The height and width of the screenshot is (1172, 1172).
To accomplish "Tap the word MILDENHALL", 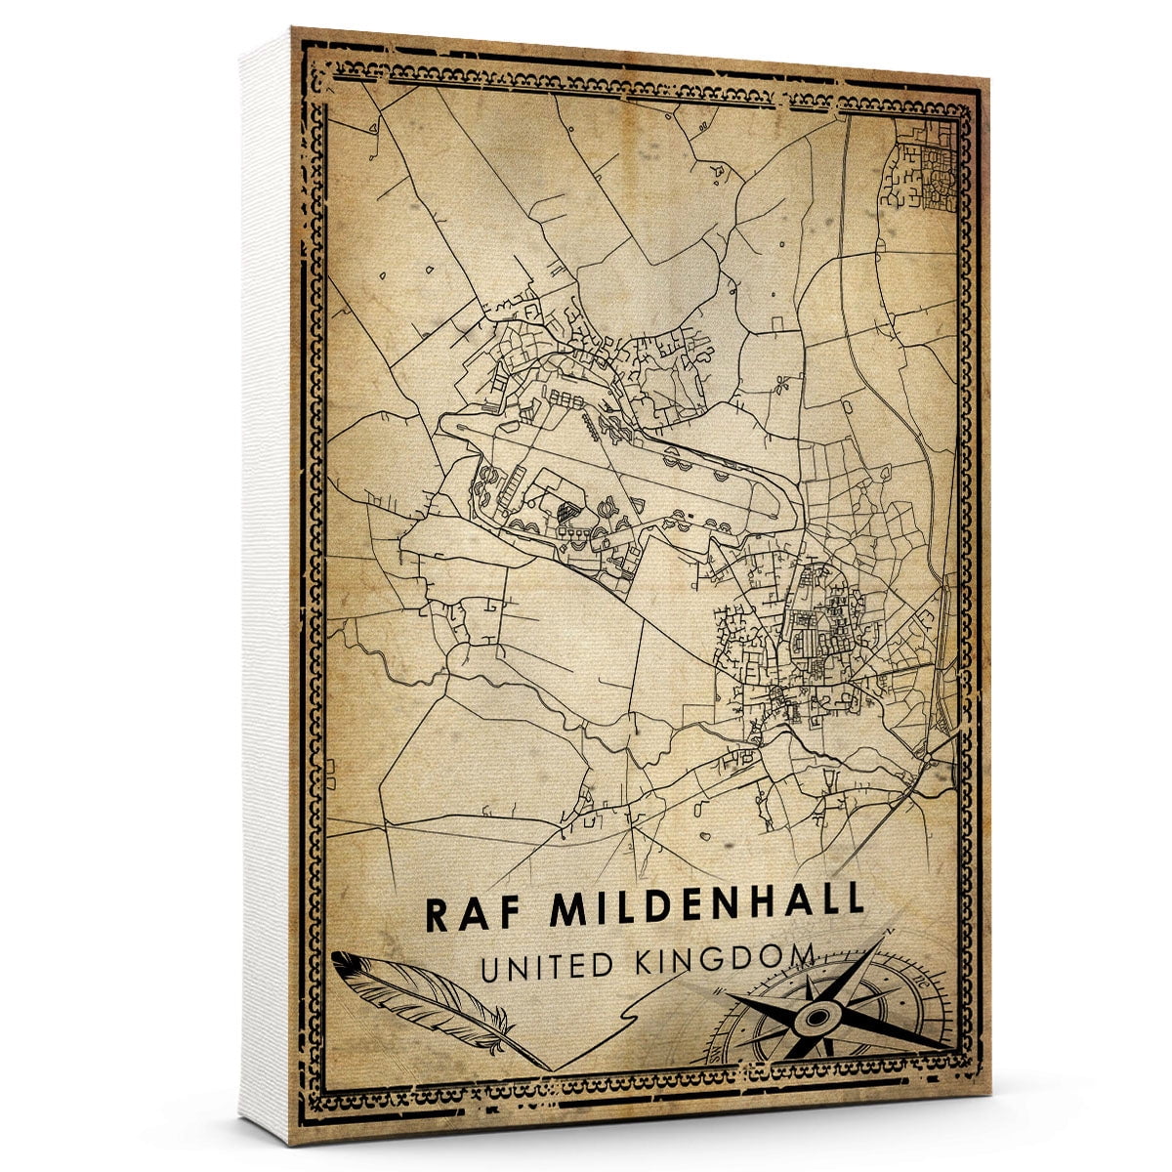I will coord(707,905).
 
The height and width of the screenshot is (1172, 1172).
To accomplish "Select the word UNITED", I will coord(547,966).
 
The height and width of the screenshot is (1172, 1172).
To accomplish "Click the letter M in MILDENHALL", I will coord(570,908).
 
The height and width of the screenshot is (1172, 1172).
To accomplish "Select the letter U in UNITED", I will coord(489,968).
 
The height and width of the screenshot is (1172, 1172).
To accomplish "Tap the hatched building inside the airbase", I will coord(565,509).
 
